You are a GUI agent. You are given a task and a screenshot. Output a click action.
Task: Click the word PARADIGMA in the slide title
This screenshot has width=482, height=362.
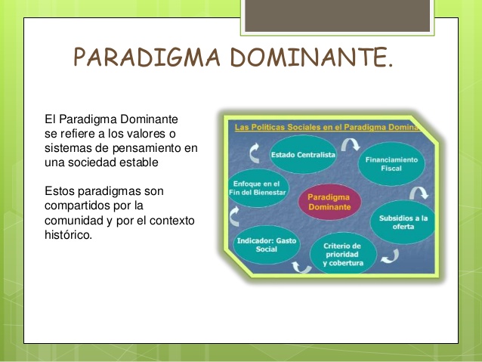pos(140,57)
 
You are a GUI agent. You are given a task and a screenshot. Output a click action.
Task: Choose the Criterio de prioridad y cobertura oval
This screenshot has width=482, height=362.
pos(342,255)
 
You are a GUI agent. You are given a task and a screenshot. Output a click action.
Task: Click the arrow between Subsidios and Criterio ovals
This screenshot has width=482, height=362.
pos(390,257)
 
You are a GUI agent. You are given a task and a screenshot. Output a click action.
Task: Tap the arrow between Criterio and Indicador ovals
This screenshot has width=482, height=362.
pos(301,265)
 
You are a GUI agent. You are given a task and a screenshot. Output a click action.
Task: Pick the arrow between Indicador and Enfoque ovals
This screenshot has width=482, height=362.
pos(235,216)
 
